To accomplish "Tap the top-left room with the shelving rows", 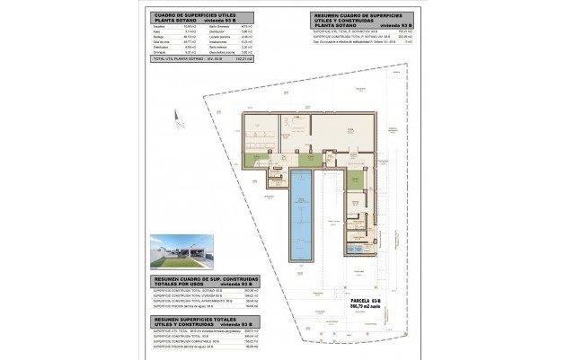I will [x=260, y=135].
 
